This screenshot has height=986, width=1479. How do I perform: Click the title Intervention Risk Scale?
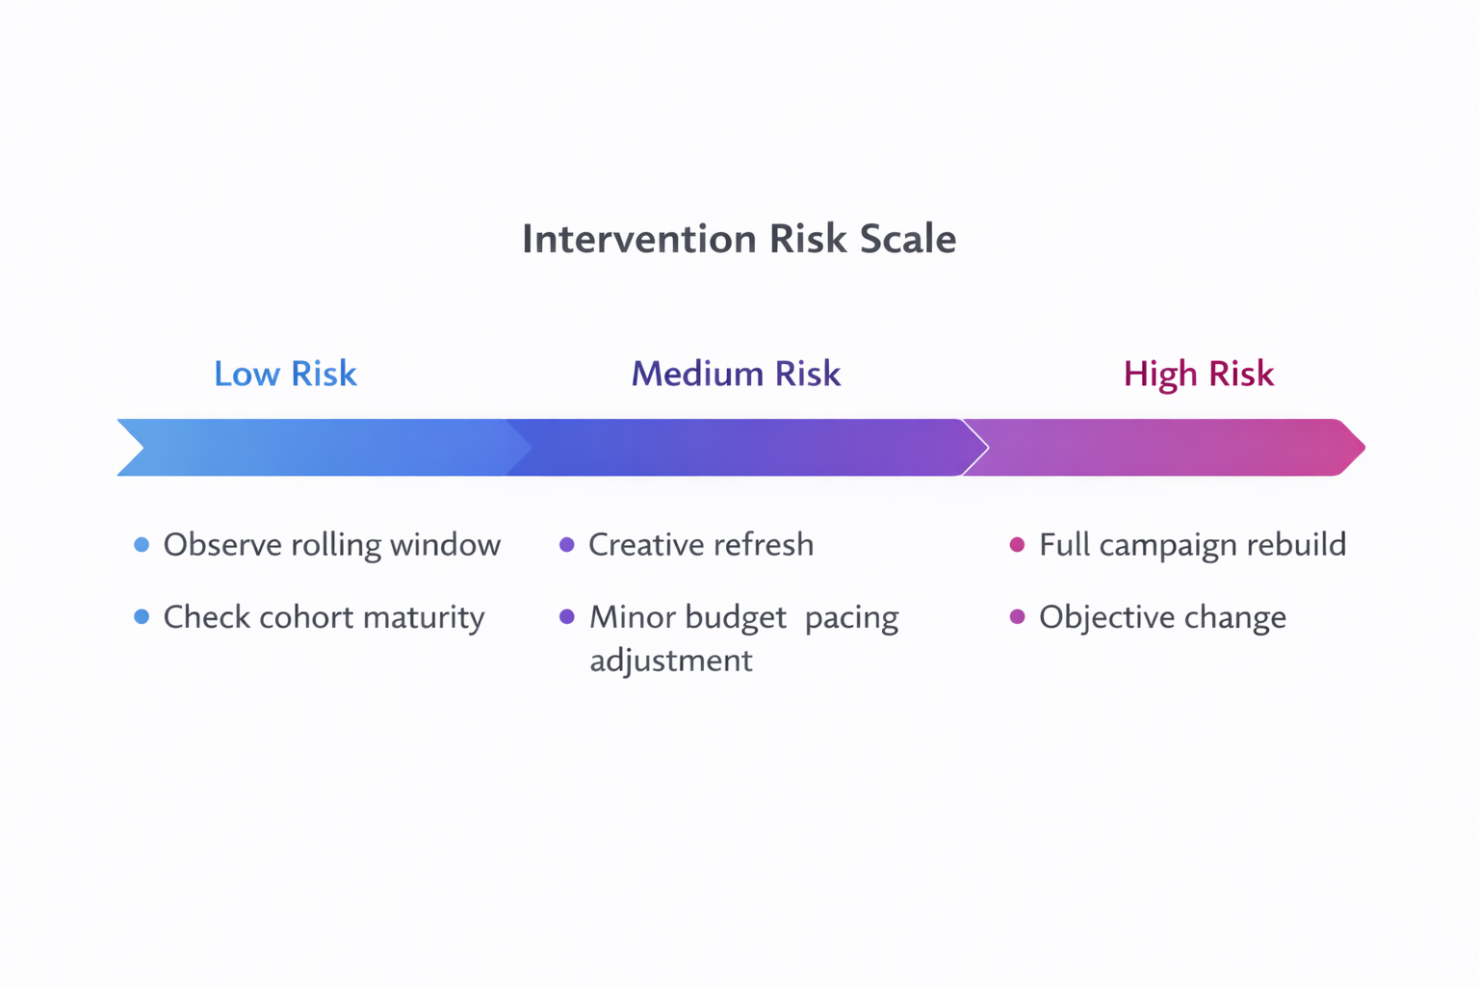tap(739, 239)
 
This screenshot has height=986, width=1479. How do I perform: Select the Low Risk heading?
tap(285, 374)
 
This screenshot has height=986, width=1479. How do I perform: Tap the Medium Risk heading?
tap(736, 374)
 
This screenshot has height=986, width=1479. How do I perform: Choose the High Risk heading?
tap(1198, 374)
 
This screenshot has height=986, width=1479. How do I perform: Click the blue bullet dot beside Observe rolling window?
tap(142, 545)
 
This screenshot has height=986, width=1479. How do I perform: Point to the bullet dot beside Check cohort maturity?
tap(142, 617)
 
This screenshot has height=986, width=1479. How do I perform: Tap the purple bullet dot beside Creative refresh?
tap(567, 545)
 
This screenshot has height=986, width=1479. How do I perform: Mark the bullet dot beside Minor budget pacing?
tap(567, 617)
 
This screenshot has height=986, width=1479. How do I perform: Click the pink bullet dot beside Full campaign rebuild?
tap(1017, 545)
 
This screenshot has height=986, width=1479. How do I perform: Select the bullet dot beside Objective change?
tap(1017, 617)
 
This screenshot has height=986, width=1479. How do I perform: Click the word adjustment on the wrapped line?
tap(670, 661)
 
